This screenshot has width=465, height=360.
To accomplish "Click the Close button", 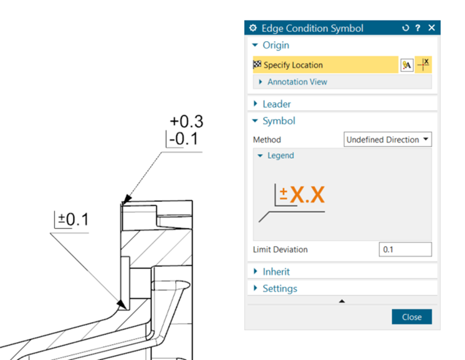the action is (411, 317).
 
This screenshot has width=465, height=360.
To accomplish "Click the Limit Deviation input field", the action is (405, 249).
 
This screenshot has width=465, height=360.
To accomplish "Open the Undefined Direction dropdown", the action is (388, 140).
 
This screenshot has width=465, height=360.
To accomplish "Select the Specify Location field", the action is (325, 65).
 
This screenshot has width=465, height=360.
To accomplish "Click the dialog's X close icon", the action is (431, 28).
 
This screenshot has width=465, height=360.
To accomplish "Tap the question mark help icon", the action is (418, 28).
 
